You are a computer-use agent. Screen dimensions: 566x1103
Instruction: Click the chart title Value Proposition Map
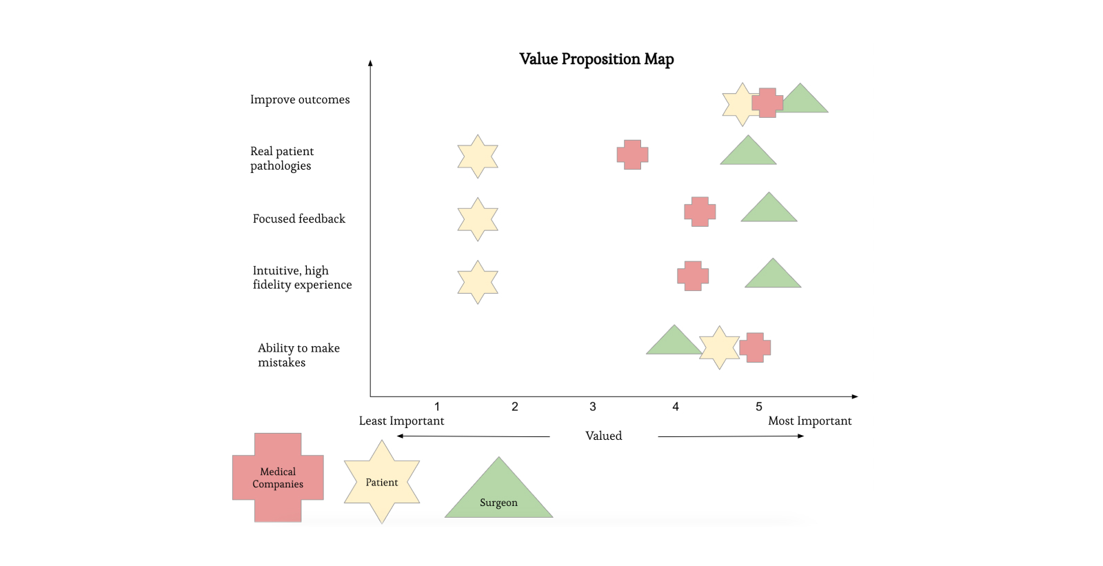coord(596,59)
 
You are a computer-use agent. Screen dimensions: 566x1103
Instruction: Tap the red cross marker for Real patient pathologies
coord(632,154)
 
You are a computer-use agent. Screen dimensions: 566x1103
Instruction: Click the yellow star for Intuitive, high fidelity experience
coord(478,282)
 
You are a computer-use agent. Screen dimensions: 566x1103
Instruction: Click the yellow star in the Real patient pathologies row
coord(478,156)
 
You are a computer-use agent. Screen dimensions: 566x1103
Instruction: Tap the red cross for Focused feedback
coord(700,212)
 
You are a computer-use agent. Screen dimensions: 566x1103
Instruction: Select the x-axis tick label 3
coord(593,407)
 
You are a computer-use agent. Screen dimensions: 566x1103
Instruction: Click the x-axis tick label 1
coord(437,407)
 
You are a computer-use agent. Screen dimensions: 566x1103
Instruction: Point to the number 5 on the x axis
coord(759,407)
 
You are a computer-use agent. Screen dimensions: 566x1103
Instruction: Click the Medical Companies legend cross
coord(278,478)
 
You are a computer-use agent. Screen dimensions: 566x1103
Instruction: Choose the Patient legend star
coord(382,482)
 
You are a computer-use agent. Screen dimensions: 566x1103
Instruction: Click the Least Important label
coord(401,421)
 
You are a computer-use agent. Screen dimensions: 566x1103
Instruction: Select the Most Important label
coord(810,421)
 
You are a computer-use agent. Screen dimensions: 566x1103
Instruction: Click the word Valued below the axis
coord(603,436)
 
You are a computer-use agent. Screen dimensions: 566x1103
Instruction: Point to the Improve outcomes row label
coord(300,99)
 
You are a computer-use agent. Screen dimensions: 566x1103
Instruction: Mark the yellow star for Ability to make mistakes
coord(719,347)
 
